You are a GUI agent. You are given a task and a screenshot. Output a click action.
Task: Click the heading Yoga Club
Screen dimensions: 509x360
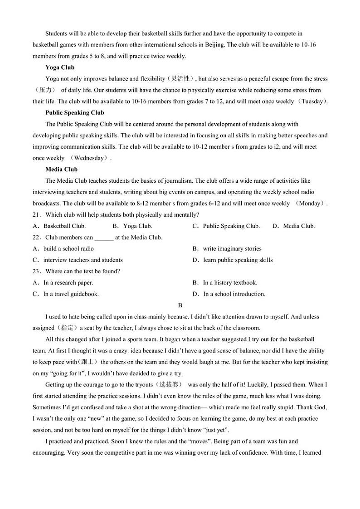tap(60, 68)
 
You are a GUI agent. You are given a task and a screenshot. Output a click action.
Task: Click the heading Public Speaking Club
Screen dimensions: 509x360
tap(75, 113)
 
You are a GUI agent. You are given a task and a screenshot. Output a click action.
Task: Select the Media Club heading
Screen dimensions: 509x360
tap(61, 170)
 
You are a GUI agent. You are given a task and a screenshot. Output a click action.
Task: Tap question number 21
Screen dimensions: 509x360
tap(37, 215)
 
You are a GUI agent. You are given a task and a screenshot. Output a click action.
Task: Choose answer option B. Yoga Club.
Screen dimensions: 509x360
tap(132, 226)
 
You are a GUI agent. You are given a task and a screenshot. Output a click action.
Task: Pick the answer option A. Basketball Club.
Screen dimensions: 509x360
tap(59, 226)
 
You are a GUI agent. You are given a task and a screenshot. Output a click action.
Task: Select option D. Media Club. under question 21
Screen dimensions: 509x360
tap(293, 226)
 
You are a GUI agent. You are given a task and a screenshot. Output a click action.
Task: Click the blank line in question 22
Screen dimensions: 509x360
tap(104, 238)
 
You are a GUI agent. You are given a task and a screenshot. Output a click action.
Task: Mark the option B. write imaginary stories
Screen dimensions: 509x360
tap(227, 249)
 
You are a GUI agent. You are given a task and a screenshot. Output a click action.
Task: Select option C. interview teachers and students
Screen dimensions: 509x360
tap(78, 260)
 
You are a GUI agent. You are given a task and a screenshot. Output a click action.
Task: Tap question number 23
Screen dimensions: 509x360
tap(37, 271)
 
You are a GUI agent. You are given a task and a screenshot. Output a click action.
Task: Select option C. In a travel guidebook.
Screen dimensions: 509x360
tap(66, 294)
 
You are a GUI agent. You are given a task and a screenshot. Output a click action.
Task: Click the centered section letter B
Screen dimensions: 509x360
tap(180, 305)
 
